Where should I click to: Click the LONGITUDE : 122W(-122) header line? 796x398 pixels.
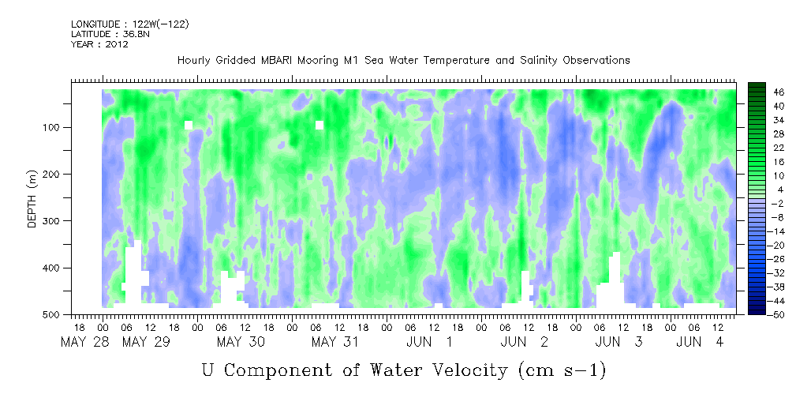[x=130, y=24]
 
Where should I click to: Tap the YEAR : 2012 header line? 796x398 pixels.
[x=99, y=44]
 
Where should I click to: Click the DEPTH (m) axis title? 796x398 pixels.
[x=32, y=197]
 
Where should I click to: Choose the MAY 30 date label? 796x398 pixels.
[x=240, y=342]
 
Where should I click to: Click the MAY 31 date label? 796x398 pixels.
[x=334, y=342]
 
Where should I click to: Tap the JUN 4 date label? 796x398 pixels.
[x=698, y=342]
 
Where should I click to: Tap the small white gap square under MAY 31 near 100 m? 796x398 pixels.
[x=320, y=125]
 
